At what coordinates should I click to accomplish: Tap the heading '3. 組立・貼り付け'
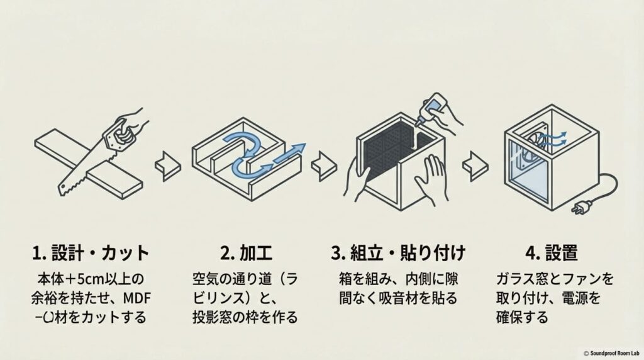click(398, 253)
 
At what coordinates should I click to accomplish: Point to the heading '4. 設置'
click(551, 253)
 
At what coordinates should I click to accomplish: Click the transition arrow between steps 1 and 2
click(167, 165)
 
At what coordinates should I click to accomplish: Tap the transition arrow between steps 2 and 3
click(323, 165)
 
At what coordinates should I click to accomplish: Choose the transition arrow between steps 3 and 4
click(475, 165)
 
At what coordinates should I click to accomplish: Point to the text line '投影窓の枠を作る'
click(245, 317)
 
